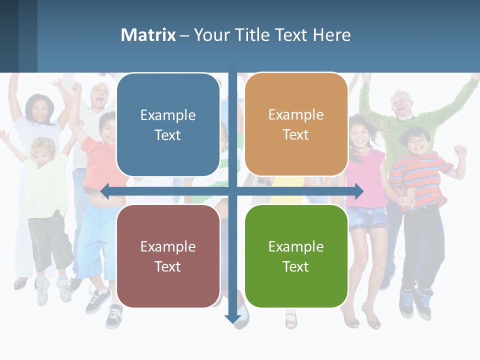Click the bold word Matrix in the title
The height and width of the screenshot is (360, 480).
point(148,35)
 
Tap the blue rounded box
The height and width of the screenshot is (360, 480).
point(168,125)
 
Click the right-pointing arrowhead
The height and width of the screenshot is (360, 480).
point(358,191)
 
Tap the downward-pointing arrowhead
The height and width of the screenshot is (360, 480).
point(232,318)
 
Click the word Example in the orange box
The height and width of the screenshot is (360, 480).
point(296,115)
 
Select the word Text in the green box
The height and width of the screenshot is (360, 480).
point(296,266)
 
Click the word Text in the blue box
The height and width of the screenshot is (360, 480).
point(168,135)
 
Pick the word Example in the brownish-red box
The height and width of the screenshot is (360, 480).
point(168,246)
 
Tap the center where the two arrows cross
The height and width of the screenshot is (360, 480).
point(232,191)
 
